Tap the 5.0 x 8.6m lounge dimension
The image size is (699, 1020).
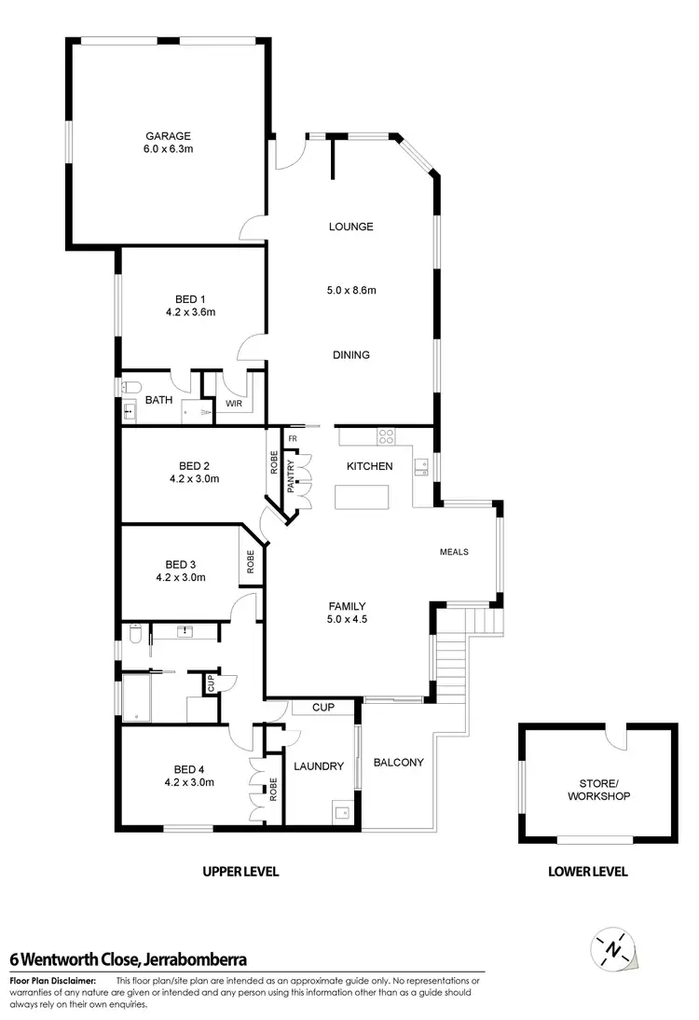350,290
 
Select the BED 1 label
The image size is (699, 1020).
190,299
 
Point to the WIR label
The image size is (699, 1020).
233,404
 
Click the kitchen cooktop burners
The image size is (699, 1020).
386,435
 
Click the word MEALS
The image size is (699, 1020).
454,552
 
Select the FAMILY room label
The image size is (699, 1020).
346,605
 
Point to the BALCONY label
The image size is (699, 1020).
398,762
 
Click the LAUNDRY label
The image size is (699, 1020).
319,766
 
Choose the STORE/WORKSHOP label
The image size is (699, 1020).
598,790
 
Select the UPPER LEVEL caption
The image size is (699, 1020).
241,872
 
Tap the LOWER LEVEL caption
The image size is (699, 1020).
587,872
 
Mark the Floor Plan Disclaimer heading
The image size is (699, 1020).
52,980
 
